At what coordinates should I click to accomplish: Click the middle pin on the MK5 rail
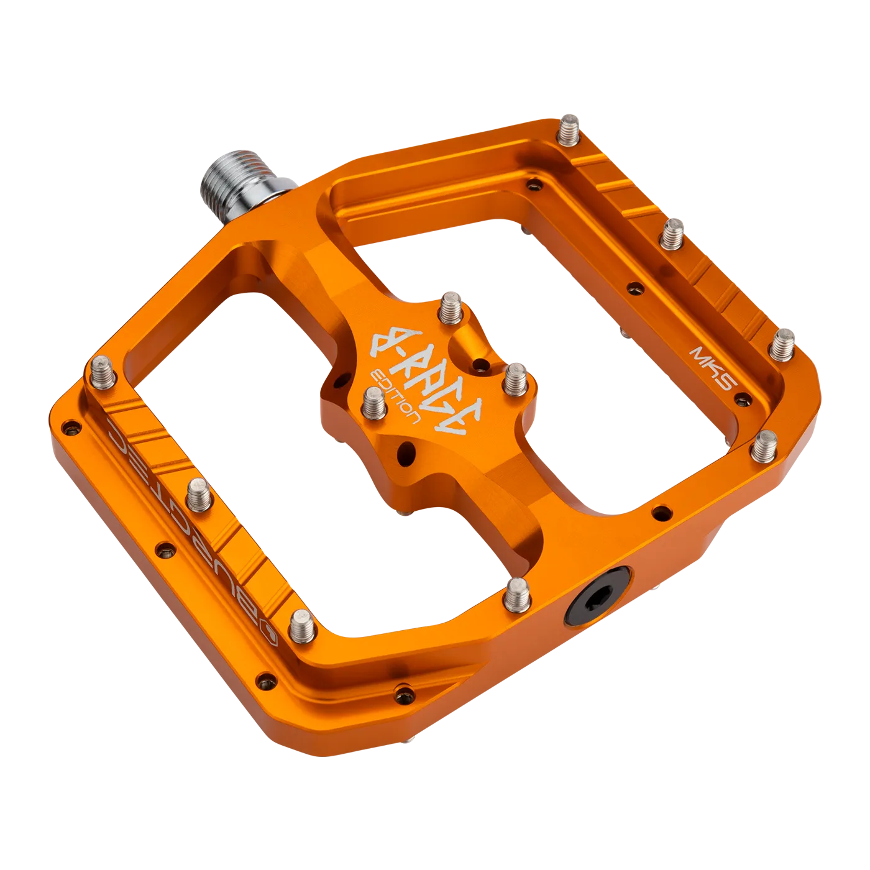672,234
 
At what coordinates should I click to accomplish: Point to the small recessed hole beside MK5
634,288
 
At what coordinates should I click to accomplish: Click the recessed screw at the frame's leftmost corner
72,427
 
